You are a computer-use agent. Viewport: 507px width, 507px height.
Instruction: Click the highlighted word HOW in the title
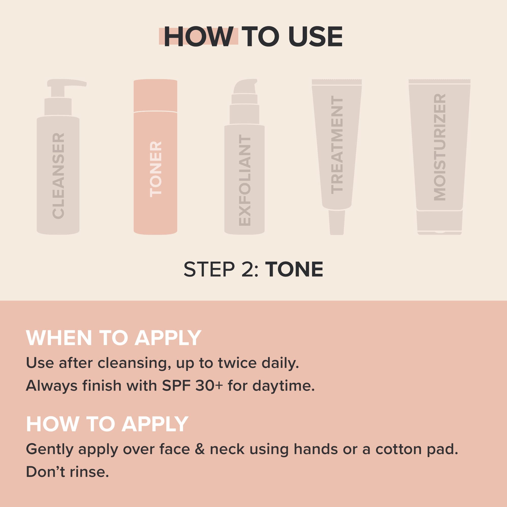coord(199,37)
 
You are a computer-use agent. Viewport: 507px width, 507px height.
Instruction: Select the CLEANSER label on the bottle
coord(58,176)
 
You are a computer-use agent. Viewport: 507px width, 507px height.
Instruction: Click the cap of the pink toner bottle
coord(155,96)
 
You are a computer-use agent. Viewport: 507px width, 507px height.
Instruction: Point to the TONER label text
coord(156,169)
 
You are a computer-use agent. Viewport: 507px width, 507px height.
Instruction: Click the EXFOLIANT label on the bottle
coord(245,181)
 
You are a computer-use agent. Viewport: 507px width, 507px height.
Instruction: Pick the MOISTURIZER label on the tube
coord(440,147)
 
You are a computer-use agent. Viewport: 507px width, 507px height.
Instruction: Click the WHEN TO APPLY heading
coord(114,338)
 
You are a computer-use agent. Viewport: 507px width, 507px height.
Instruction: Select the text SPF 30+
coord(192,386)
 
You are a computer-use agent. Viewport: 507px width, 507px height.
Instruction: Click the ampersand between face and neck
coord(200,449)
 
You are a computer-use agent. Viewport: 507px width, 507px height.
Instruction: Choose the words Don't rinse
coord(67,472)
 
